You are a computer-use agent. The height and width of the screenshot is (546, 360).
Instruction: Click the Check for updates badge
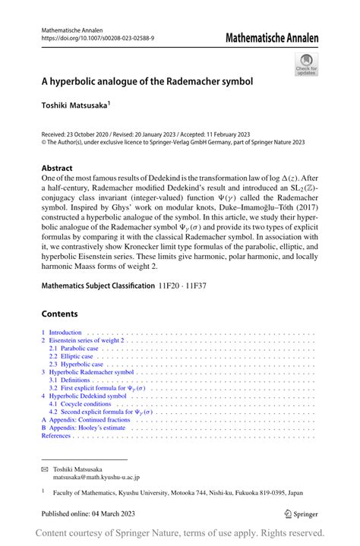tap(306, 64)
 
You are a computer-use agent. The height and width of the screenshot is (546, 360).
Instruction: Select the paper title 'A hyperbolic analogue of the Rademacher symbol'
tap(147, 80)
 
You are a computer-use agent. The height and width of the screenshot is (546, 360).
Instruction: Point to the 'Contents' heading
tap(60, 314)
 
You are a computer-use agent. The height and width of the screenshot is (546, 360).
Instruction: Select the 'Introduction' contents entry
tap(65, 332)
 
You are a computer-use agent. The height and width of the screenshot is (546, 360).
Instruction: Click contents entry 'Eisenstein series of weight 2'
tap(86, 341)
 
